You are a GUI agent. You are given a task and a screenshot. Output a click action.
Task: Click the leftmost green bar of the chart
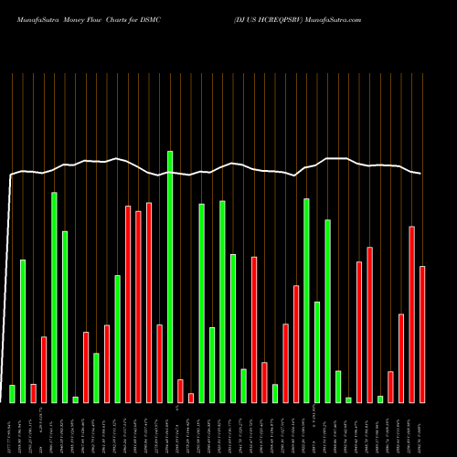point(12,393)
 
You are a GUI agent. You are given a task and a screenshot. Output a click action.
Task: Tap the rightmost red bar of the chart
point(422,334)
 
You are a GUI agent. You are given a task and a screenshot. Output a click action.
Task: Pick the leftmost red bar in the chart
point(33,393)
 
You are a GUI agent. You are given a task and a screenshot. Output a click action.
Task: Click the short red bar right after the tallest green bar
point(180,390)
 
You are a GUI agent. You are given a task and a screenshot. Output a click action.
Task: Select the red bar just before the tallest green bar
point(159,363)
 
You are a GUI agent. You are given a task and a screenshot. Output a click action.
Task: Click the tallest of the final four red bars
point(412,314)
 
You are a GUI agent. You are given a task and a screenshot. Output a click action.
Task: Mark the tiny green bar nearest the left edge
point(75,399)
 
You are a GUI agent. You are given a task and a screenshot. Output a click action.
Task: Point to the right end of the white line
point(421,174)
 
